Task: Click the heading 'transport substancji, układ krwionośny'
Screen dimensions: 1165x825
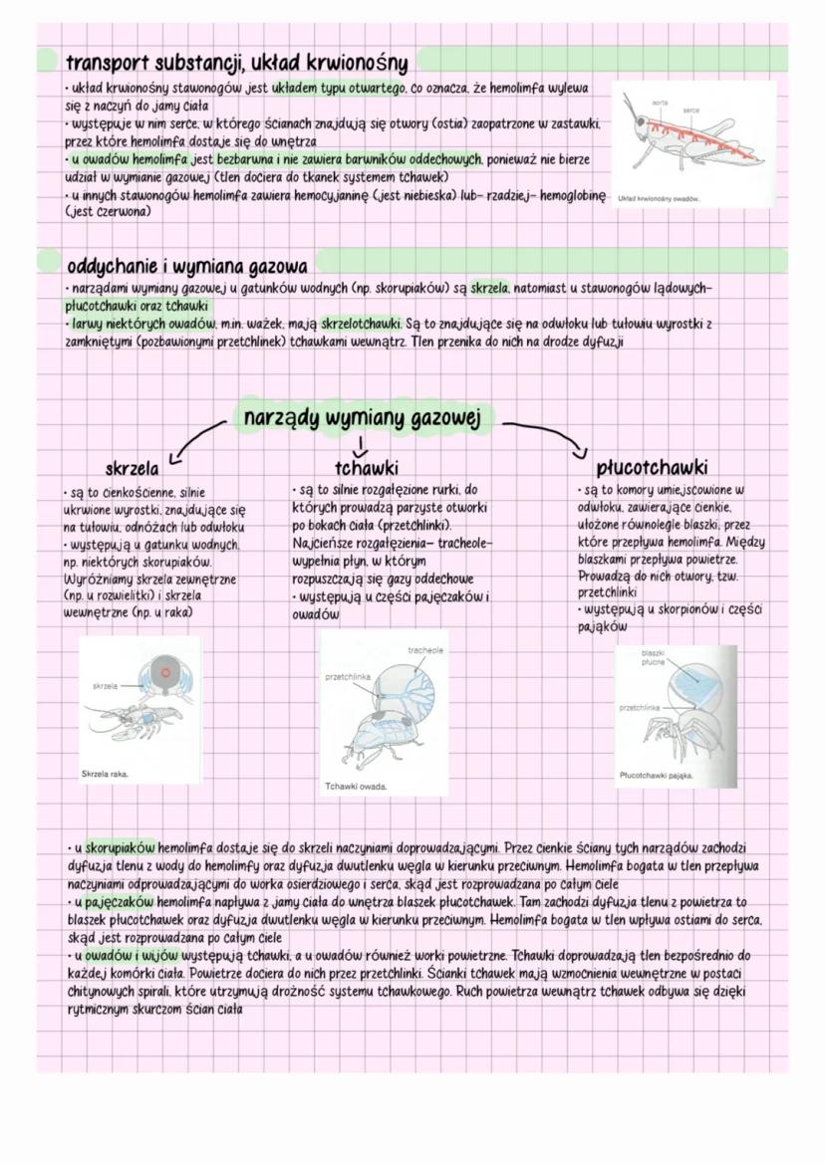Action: (x=236, y=64)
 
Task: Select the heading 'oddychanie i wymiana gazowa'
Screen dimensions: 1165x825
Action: (x=186, y=267)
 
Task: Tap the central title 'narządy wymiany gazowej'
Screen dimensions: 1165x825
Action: (x=362, y=419)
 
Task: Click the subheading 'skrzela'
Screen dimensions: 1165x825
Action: (x=132, y=468)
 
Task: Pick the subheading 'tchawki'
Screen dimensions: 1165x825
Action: (x=367, y=468)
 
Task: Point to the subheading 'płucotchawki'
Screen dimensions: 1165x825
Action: (x=653, y=467)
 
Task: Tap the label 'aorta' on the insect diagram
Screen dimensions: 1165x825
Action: (x=659, y=103)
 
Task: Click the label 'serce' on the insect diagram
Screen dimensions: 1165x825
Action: (x=689, y=109)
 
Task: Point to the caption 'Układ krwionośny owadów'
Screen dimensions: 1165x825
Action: (x=659, y=198)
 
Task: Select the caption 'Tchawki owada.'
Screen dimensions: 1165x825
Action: (x=356, y=787)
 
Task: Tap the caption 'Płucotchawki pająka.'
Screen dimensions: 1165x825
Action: (x=656, y=775)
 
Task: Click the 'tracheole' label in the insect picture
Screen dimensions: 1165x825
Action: (x=425, y=650)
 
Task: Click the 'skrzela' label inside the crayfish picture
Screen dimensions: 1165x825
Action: (x=104, y=686)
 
